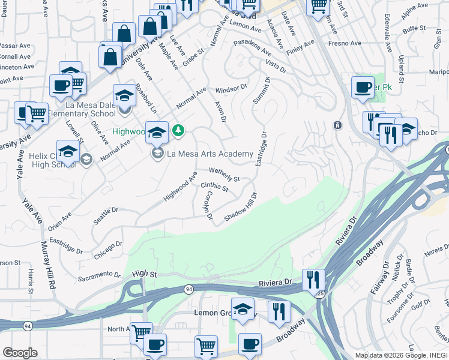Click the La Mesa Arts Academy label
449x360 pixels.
(x=209, y=154)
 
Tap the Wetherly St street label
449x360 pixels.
(x=224, y=175)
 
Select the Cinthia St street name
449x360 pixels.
(x=214, y=188)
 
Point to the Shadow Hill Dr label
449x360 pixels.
(x=241, y=206)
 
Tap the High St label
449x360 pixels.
(x=145, y=274)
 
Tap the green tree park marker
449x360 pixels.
(x=178, y=130)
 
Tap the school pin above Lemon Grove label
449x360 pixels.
(x=243, y=308)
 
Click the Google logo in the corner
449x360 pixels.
(x=20, y=353)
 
